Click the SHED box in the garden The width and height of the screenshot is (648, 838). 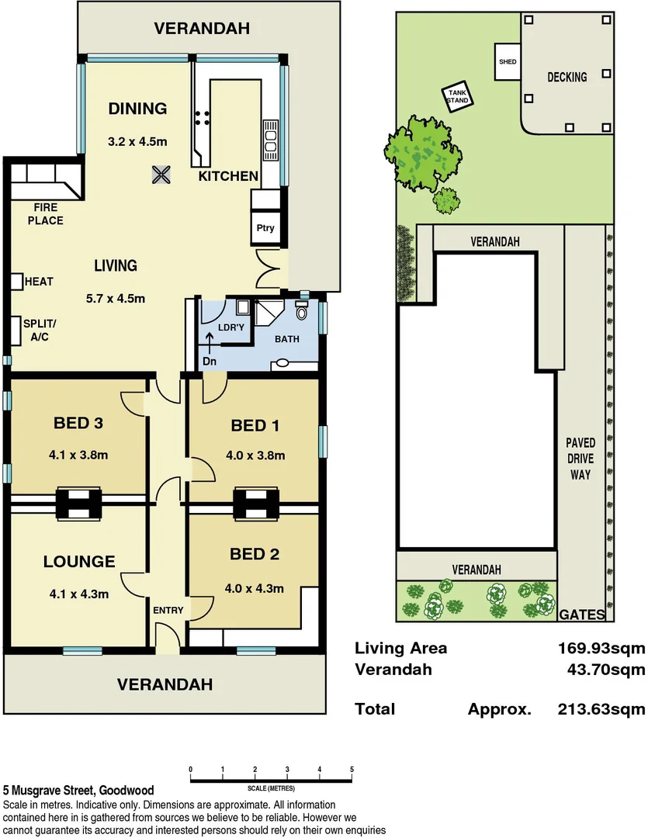pos(507,61)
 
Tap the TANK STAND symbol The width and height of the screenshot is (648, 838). pos(457,97)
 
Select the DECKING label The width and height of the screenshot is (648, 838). pos(567,77)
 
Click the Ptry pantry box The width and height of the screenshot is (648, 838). pos(265,229)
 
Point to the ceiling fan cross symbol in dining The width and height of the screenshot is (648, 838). pos(161,175)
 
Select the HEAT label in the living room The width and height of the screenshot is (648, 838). pos(39,282)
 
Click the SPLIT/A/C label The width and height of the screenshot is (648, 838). pos(40,330)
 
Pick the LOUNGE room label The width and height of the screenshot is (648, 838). pos(79,562)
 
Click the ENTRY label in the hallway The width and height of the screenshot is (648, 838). pos(168,611)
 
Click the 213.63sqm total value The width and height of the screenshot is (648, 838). pos(601,708)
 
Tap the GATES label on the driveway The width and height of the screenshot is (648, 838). pos(582,615)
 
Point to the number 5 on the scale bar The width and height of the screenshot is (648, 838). pos(352,770)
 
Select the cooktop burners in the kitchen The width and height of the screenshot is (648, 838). pos(202,118)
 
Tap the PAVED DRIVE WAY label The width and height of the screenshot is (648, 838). pos(580,458)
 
